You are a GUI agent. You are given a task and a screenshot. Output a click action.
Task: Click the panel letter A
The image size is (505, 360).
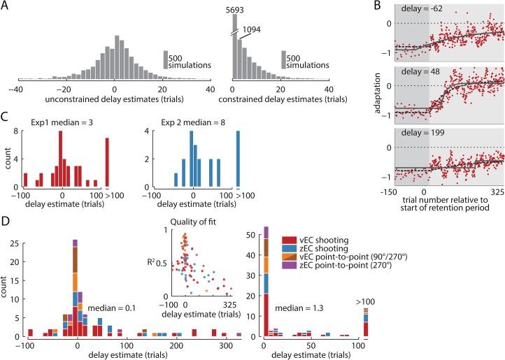tap(6, 6)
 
